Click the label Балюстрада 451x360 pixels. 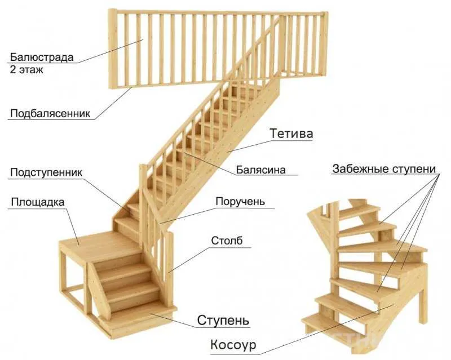point(42,57)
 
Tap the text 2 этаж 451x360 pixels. point(26,70)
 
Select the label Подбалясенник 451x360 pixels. point(50,114)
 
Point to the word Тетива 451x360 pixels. point(291,134)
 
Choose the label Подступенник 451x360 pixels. point(46,172)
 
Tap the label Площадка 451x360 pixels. point(38,202)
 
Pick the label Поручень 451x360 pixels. point(240,202)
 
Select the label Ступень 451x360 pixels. point(223,320)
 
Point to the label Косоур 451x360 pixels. point(233,345)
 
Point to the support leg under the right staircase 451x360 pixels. point(423,305)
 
